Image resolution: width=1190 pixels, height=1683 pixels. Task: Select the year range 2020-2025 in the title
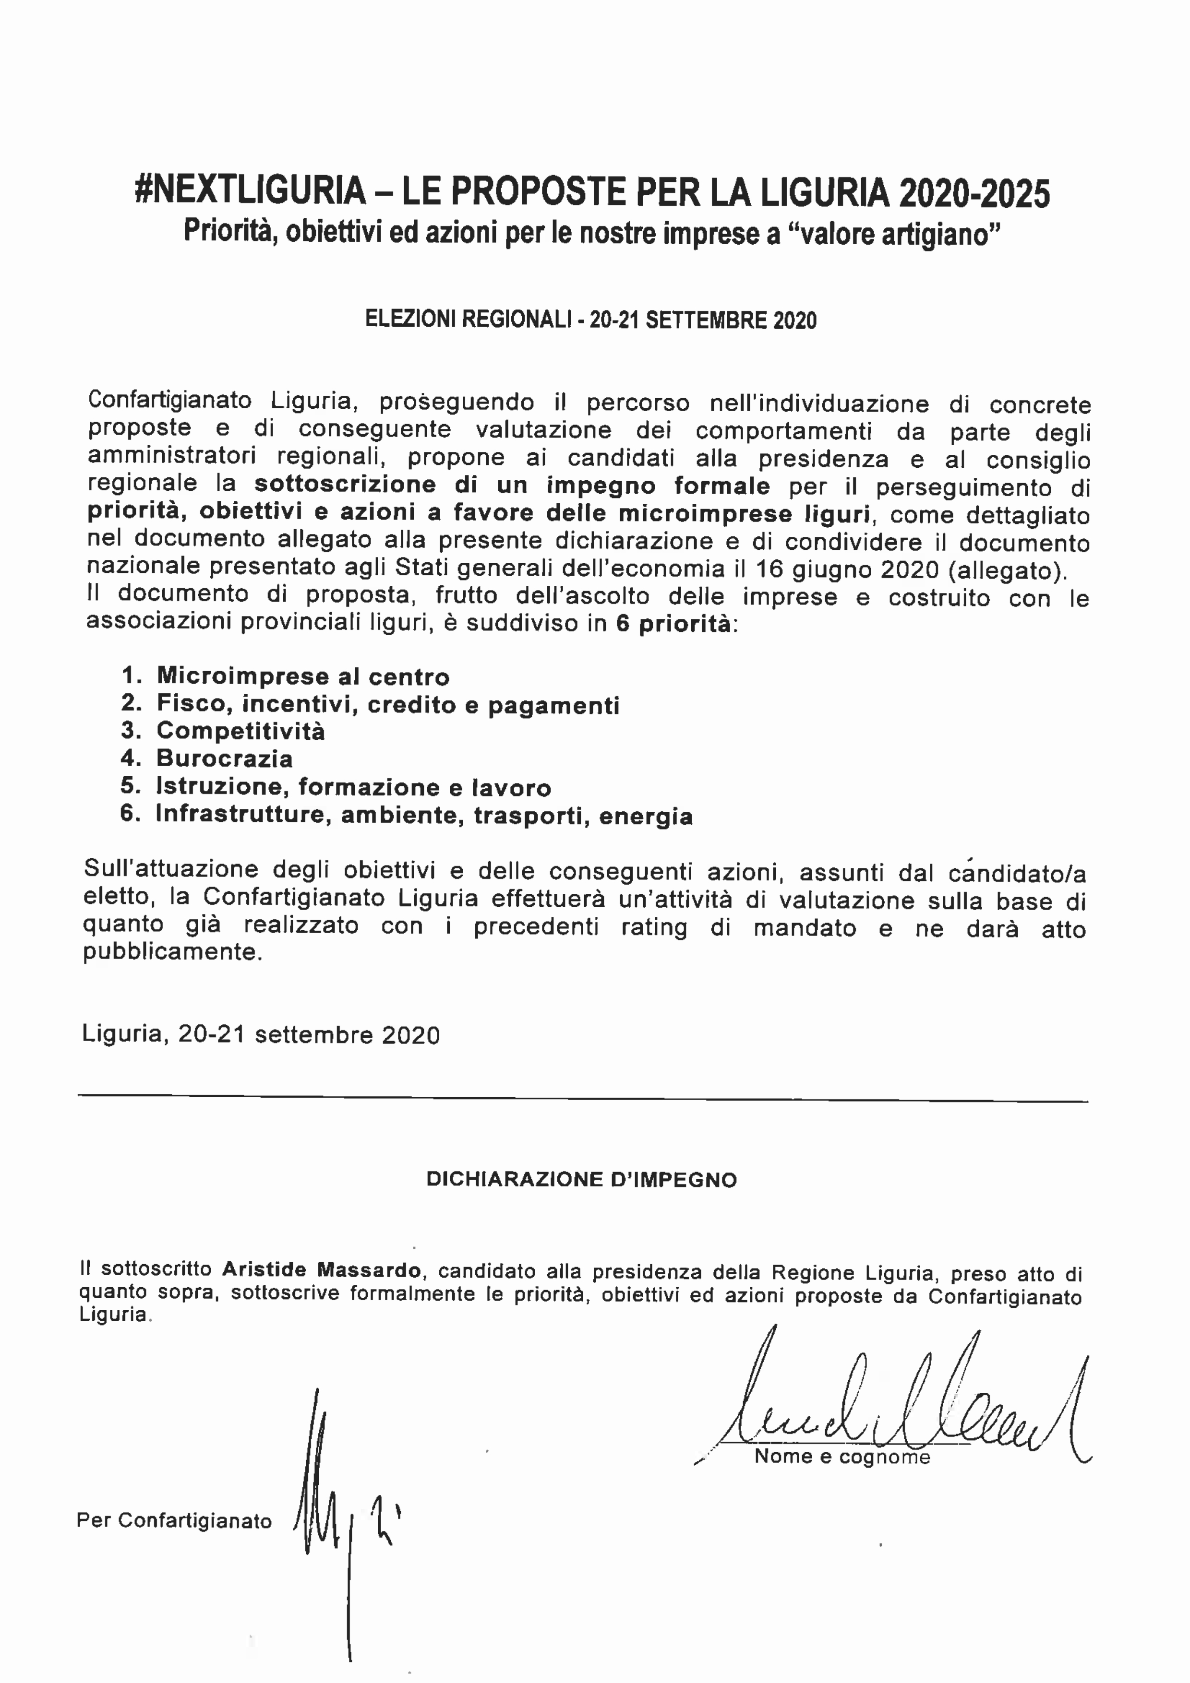tap(974, 193)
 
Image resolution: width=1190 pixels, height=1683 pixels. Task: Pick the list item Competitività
tap(240, 731)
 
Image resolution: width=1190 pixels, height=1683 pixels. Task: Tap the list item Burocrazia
tap(224, 758)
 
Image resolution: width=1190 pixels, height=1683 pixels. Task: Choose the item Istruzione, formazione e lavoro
tap(353, 786)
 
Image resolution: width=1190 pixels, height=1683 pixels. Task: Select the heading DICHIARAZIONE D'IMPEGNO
tap(581, 1179)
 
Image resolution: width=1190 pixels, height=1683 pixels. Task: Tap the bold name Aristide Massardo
tap(322, 1269)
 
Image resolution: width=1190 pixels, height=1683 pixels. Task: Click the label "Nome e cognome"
tap(841, 1457)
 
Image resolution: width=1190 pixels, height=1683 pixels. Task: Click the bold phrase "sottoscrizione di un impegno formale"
tap(512, 485)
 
